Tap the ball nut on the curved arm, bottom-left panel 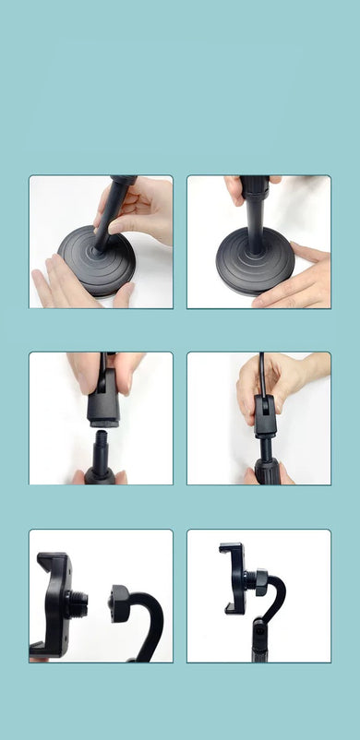click(x=120, y=603)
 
